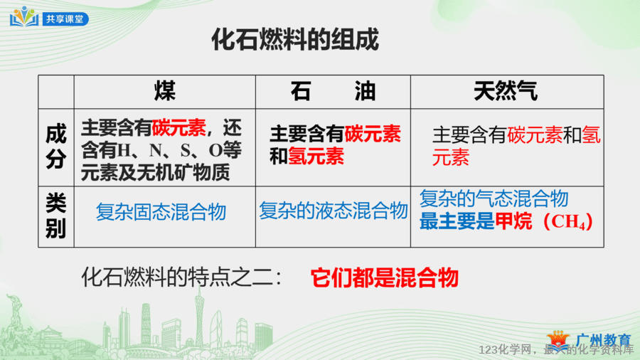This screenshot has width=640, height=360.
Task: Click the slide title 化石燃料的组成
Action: [295, 40]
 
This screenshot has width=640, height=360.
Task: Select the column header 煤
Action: [165, 91]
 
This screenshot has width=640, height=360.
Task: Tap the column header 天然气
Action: [506, 91]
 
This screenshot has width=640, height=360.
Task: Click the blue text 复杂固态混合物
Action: [161, 212]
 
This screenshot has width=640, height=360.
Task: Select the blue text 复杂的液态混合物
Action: [334, 211]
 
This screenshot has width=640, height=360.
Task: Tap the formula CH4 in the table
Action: [569, 222]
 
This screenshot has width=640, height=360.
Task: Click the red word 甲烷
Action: [513, 222]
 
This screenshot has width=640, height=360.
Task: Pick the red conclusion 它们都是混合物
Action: [385, 278]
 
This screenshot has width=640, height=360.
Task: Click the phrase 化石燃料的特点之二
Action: [177, 277]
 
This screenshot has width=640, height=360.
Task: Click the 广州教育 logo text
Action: [604, 339]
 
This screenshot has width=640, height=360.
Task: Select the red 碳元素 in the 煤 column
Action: [178, 128]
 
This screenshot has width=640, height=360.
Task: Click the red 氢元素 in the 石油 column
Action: [316, 157]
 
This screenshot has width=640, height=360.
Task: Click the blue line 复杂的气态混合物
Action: [494, 198]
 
